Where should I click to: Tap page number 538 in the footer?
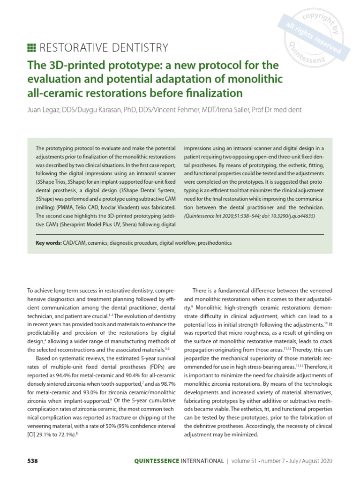pos(31,461)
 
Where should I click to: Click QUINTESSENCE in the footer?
pos(157,461)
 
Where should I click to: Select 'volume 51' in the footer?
pos(247,461)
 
